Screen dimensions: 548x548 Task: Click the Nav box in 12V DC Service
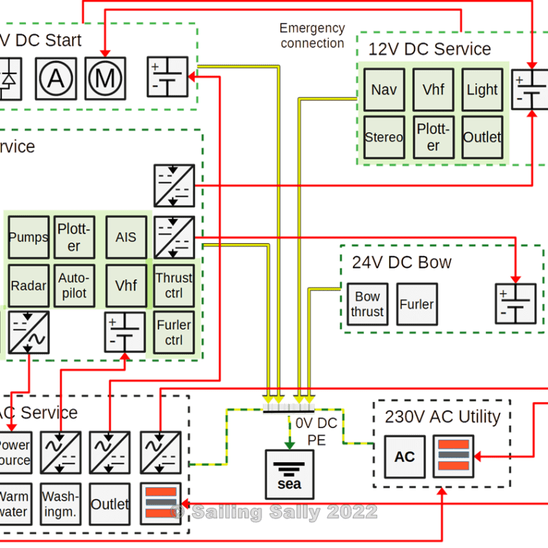click(x=384, y=90)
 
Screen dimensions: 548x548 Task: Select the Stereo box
click(x=384, y=137)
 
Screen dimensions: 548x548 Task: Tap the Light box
click(x=482, y=90)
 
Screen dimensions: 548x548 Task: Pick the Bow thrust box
click(x=367, y=304)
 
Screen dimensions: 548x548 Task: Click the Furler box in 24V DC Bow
click(x=416, y=304)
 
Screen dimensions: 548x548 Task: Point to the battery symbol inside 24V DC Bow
click(x=515, y=303)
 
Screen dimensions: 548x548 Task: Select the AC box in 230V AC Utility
click(x=405, y=457)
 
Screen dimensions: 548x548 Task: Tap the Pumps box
click(x=28, y=238)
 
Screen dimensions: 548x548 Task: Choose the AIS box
click(x=126, y=238)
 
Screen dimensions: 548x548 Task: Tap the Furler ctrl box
click(x=174, y=332)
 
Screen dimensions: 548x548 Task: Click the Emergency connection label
click(x=312, y=36)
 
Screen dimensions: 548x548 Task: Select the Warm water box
click(x=13, y=503)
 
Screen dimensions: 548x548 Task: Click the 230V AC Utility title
click(x=443, y=416)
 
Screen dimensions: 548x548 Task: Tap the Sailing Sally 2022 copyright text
click(x=273, y=512)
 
